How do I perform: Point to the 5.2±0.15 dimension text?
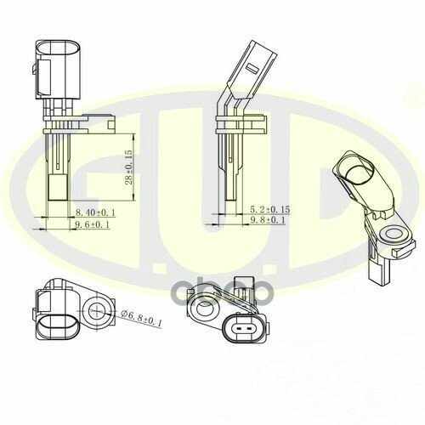point(270,209)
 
